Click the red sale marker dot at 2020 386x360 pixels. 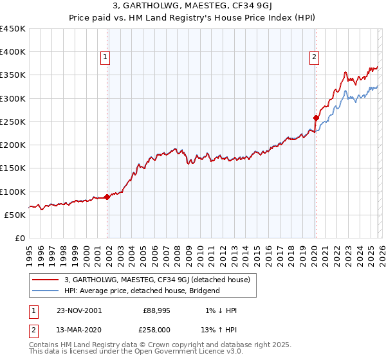click(316, 118)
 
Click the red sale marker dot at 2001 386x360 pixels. click(107, 197)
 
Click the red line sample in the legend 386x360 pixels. click(46, 280)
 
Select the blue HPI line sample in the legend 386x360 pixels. click(46, 291)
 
